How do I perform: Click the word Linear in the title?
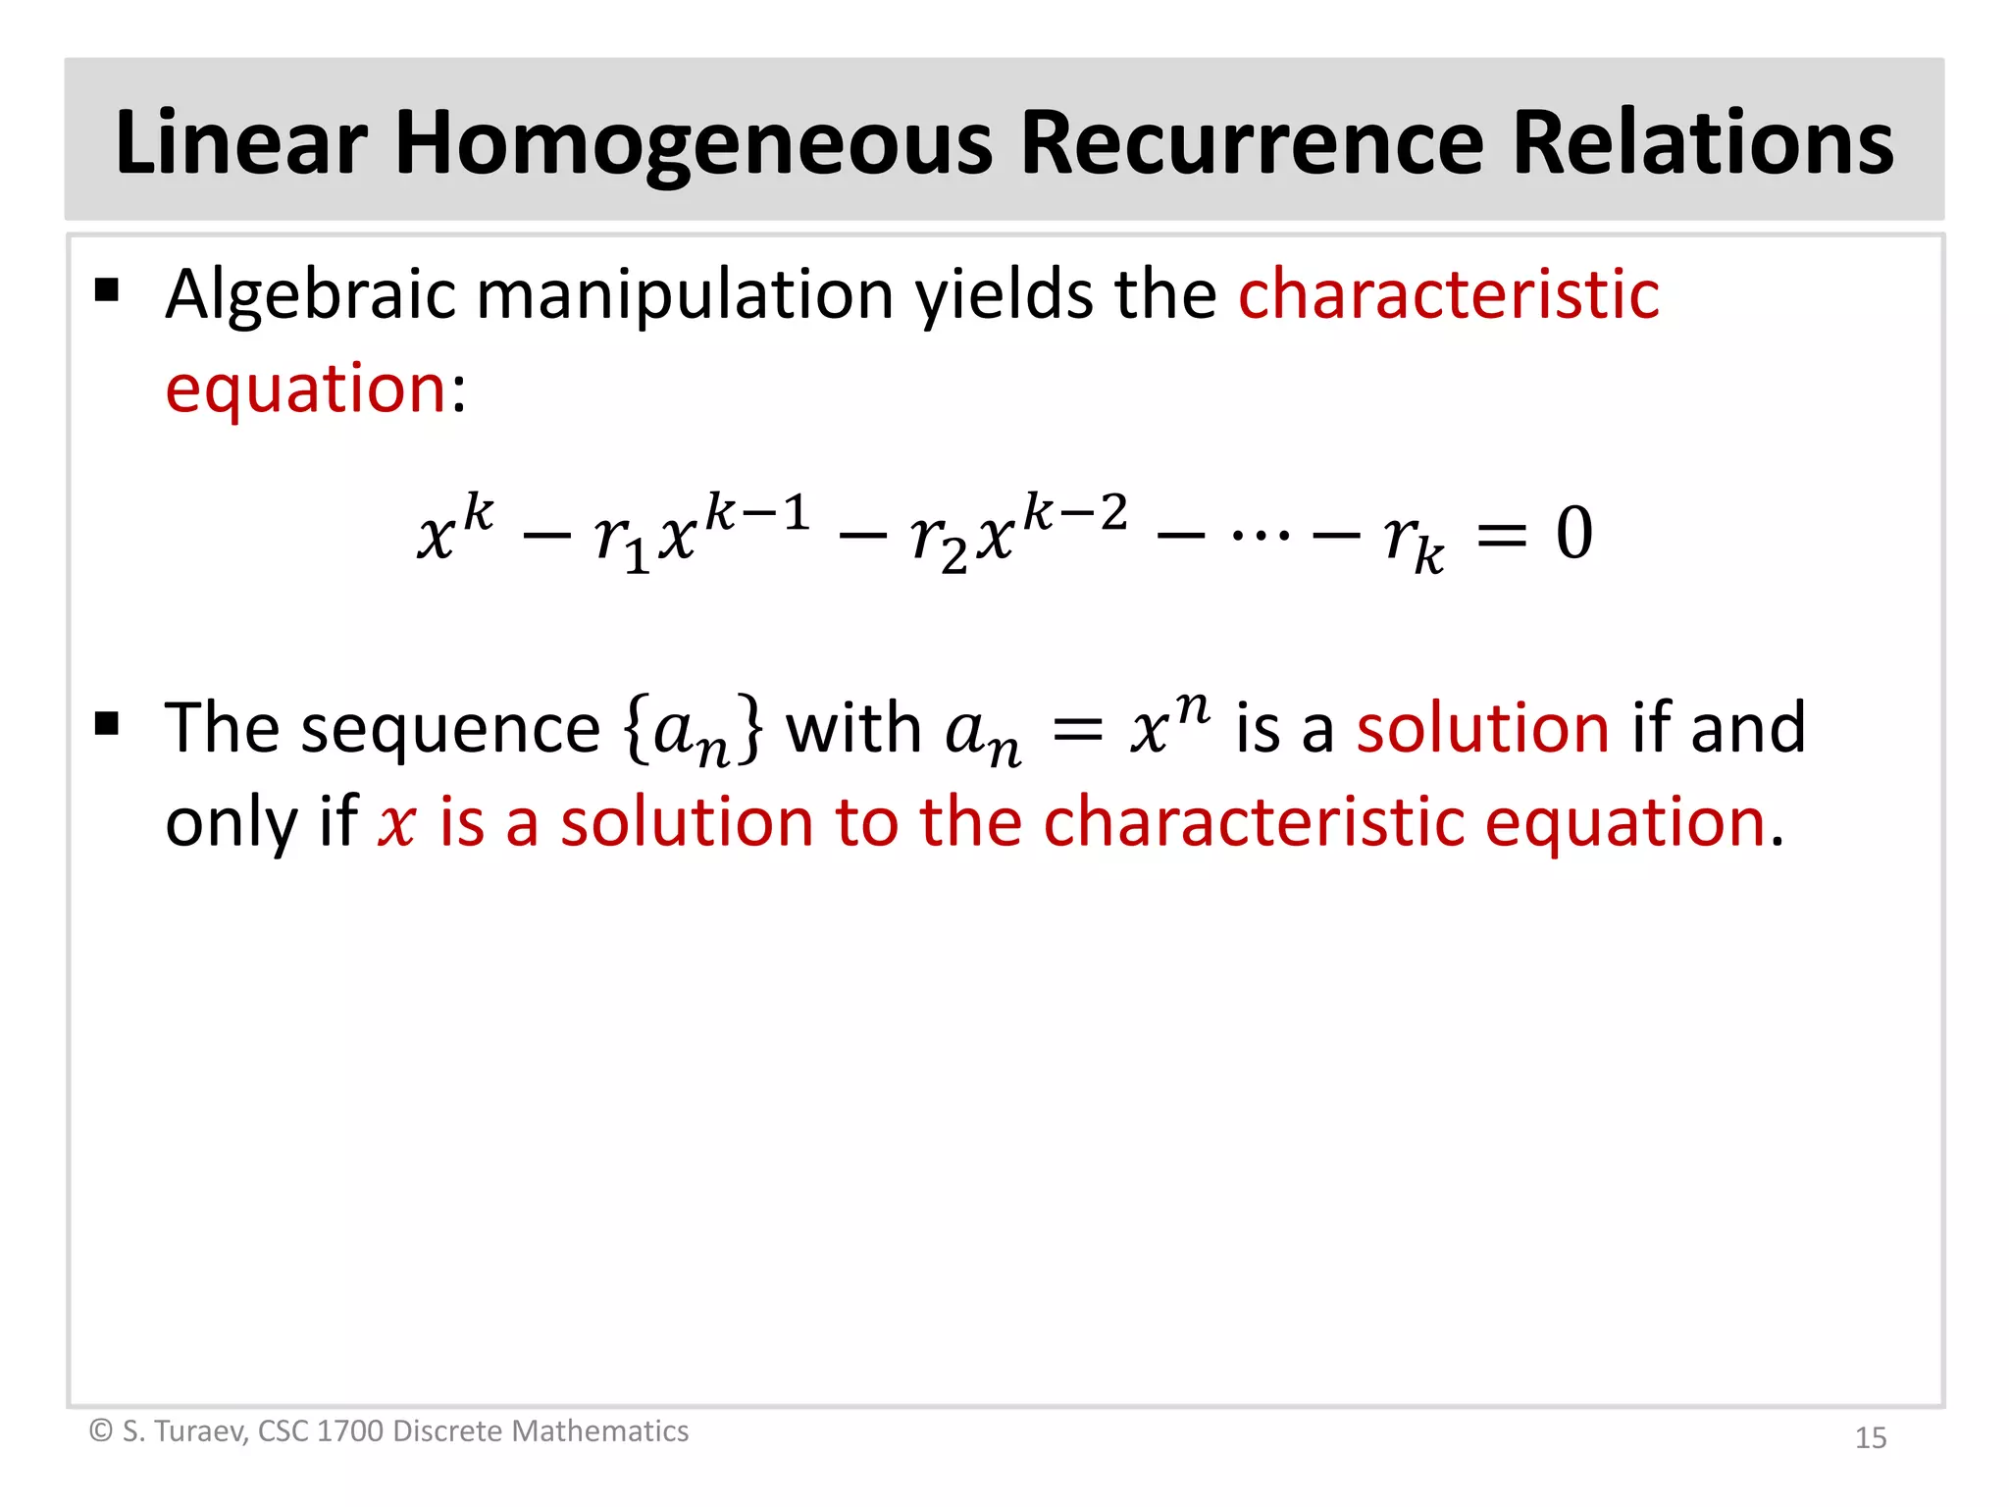pyautogui.click(x=241, y=143)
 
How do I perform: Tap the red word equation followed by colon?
pyautogui.click(x=306, y=389)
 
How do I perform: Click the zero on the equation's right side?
pyautogui.click(x=1573, y=534)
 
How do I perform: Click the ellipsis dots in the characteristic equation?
pyautogui.click(x=1261, y=536)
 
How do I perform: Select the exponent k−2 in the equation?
pyautogui.click(x=1075, y=512)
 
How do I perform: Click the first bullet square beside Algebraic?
pyautogui.click(x=107, y=290)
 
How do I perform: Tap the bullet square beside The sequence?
pyautogui.click(x=107, y=724)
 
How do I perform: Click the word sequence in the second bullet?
pyautogui.click(x=450, y=728)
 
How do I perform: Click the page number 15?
pyautogui.click(x=1870, y=1437)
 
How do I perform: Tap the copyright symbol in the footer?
pyautogui.click(x=101, y=1430)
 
